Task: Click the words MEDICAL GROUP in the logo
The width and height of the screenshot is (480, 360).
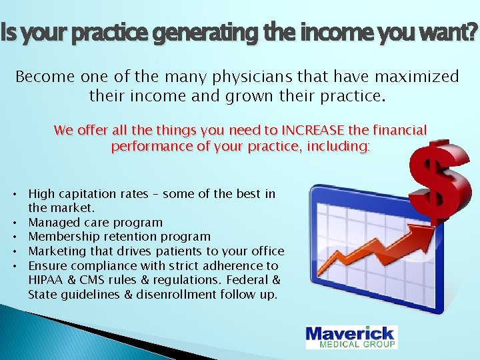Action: pos(359,345)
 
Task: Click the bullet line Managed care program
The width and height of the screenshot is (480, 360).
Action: pos(95,223)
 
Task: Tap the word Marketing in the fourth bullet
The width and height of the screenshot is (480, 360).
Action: pos(56,251)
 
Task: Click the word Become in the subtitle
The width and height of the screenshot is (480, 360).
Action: pos(43,77)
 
